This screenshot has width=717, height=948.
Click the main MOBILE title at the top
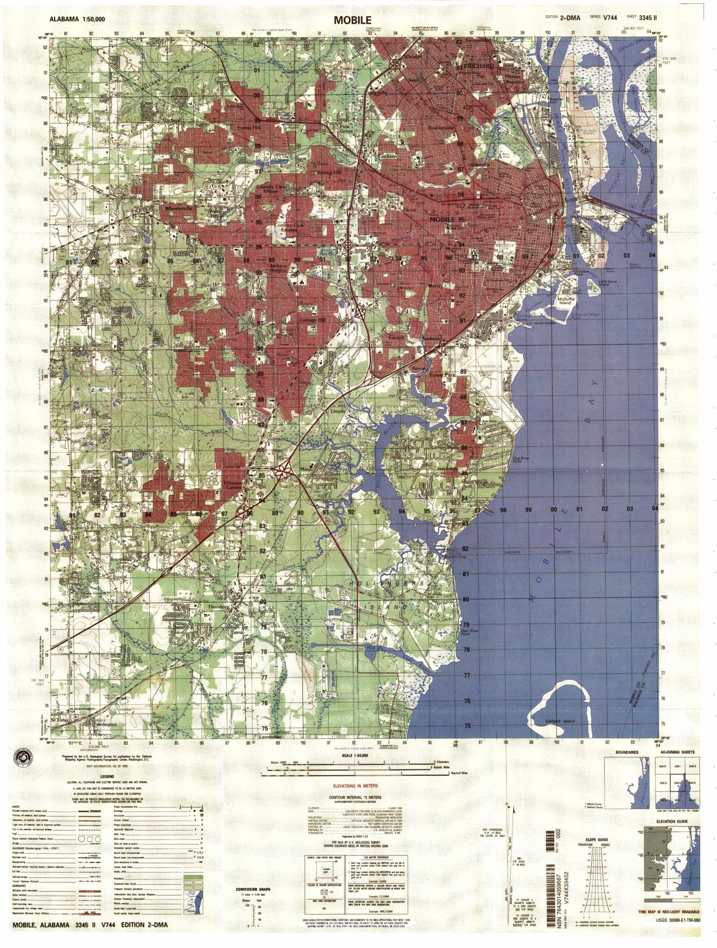point(352,20)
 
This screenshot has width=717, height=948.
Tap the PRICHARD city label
point(478,66)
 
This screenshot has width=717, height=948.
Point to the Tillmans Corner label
point(233,485)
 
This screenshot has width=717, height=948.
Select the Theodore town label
point(218,606)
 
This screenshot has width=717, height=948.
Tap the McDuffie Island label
point(565,300)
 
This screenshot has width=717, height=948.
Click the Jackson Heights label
point(278,268)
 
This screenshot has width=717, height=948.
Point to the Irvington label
point(107,724)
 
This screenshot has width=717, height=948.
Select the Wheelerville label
point(178,209)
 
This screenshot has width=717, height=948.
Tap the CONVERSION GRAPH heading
point(253,889)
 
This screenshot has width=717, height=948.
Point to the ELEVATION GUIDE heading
point(672,821)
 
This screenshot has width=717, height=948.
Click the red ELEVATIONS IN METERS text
point(355,786)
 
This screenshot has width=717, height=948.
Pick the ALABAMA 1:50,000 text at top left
point(77,19)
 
